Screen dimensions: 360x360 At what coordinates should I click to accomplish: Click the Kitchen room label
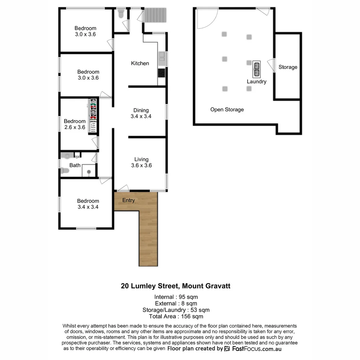pyautogui.click(x=140, y=63)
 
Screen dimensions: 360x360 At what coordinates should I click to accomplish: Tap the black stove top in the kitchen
pyautogui.click(x=162, y=73)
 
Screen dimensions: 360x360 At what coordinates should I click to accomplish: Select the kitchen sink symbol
pyautogui.click(x=162, y=58)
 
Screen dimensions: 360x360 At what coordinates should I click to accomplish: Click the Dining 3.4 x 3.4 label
pyautogui.click(x=141, y=113)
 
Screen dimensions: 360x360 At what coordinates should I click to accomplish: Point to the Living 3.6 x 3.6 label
pyautogui.click(x=141, y=162)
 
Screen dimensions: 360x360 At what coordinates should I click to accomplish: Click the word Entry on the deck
pyautogui.click(x=129, y=200)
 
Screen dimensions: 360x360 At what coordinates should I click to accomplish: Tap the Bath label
pyautogui.click(x=75, y=165)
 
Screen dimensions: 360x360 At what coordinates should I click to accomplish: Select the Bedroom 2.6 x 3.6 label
pyautogui.click(x=75, y=124)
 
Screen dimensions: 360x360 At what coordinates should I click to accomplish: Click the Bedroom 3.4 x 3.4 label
pyautogui.click(x=88, y=204)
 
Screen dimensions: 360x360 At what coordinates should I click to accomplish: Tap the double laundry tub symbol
pyautogui.click(x=257, y=69)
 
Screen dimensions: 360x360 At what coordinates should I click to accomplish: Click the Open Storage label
pyautogui.click(x=227, y=110)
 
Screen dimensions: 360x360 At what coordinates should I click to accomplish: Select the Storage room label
pyautogui.click(x=288, y=67)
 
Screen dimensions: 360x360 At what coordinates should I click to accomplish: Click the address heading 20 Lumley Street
pyautogui.click(x=175, y=286)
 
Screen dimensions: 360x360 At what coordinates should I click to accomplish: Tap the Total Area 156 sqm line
pyautogui.click(x=176, y=317)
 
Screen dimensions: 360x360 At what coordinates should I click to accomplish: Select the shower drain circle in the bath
pyautogui.click(x=89, y=172)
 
